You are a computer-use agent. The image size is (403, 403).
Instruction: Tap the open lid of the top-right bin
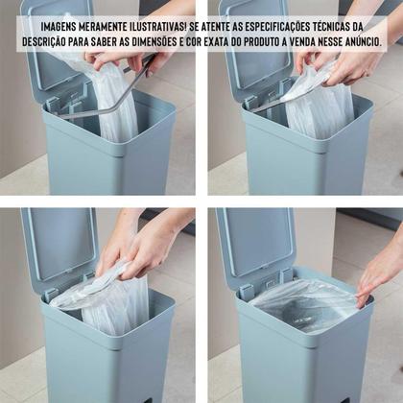pyautogui.click(x=256, y=48)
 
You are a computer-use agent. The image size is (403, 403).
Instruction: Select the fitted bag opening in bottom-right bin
pyautogui.click(x=304, y=304)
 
